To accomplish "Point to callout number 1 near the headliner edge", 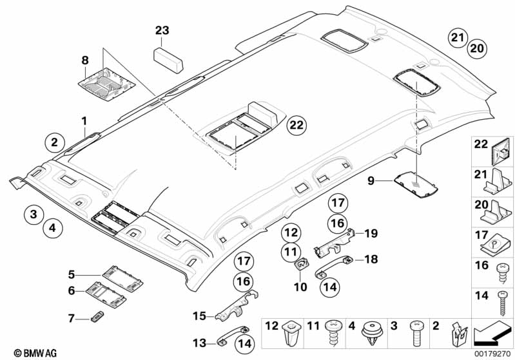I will pyautogui.click(x=84, y=120).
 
